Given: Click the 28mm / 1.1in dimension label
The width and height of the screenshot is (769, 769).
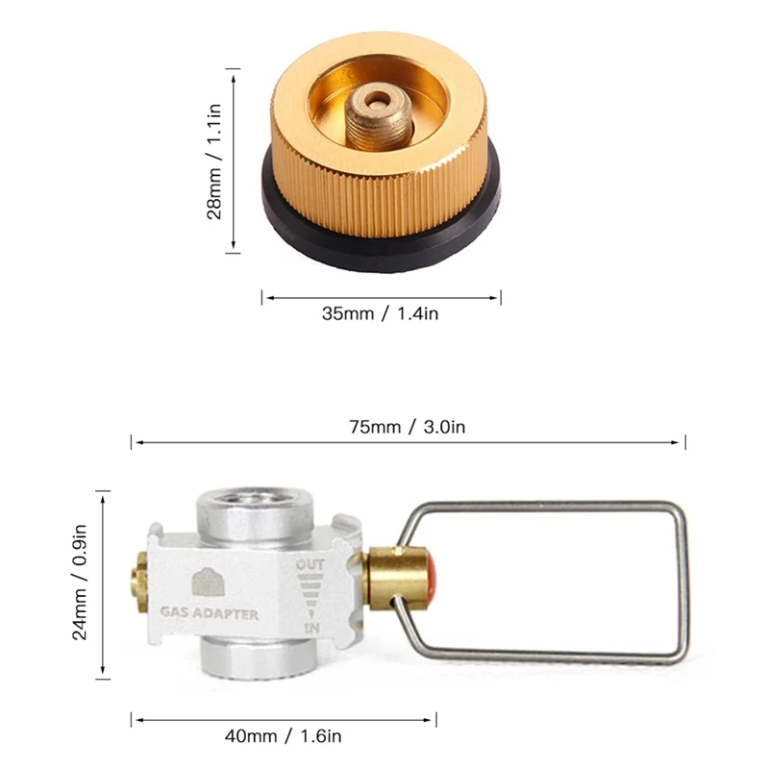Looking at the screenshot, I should click(x=217, y=161).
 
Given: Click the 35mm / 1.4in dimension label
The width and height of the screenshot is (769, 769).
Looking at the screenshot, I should click(x=382, y=313).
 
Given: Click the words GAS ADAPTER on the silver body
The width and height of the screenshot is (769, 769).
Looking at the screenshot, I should click(x=209, y=613).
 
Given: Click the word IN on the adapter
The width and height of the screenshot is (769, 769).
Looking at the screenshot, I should click(x=310, y=627).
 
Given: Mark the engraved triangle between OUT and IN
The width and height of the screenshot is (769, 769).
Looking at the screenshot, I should click(x=310, y=596).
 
